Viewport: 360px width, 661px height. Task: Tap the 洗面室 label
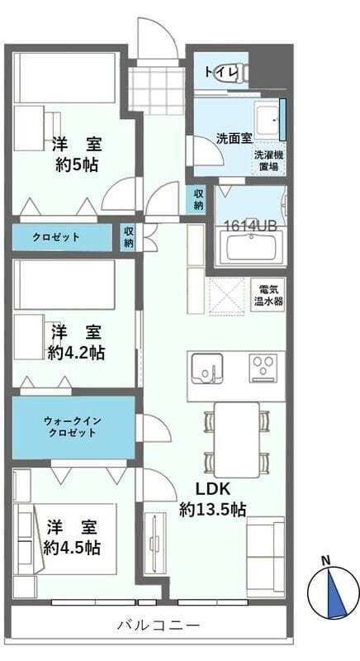point(234,138)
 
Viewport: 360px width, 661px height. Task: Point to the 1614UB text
point(250,224)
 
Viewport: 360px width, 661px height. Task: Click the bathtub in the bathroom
point(252,248)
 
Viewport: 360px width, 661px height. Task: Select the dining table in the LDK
point(237,440)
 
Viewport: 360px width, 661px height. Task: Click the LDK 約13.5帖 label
point(212,498)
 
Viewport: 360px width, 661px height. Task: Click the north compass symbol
point(333,591)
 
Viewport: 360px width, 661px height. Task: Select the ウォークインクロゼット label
point(73,427)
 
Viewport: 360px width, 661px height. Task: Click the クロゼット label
point(56,237)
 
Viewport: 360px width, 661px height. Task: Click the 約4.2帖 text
point(76,353)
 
